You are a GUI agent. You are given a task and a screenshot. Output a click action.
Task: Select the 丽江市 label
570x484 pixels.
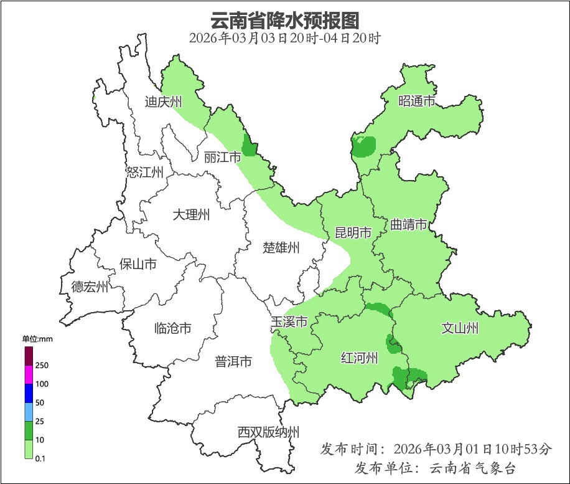click(x=222, y=158)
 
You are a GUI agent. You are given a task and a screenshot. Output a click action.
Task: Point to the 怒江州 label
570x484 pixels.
click(x=144, y=173)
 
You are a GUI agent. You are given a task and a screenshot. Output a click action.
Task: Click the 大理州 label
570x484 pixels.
click(x=191, y=216)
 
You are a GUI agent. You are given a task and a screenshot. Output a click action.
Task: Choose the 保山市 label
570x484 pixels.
click(x=138, y=264)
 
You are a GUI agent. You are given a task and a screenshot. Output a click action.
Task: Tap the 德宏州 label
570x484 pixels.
click(x=90, y=287)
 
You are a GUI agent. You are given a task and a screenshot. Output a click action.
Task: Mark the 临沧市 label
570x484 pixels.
click(x=172, y=328)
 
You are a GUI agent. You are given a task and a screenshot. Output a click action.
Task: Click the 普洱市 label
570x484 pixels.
click(x=233, y=361)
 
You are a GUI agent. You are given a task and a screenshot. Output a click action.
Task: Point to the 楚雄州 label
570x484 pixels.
click(x=281, y=248)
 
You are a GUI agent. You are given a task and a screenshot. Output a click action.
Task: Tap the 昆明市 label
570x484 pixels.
click(x=353, y=233)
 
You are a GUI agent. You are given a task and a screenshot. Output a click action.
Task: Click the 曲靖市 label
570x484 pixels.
click(x=409, y=224)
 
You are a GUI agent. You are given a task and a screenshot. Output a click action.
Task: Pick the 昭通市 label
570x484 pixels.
click(x=416, y=102)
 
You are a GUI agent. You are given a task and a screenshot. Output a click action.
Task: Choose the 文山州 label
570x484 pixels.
click(x=459, y=328)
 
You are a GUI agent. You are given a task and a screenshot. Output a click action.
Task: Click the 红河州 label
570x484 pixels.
click(x=360, y=358)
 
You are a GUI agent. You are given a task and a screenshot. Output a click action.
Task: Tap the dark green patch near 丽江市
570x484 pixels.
click(x=249, y=146)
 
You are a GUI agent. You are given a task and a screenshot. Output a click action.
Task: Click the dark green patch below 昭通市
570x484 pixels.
click(x=364, y=147)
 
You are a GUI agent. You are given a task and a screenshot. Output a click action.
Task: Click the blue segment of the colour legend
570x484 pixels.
click(x=29, y=394)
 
